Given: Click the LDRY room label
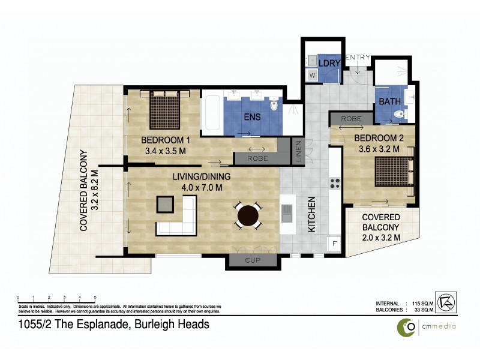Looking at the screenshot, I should pos(330,63).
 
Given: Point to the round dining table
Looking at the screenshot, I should pos(248,215).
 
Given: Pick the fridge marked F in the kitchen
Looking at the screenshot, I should pos(334,244).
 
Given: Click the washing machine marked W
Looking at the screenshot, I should pos(311,76).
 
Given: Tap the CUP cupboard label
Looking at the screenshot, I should pos(252,260).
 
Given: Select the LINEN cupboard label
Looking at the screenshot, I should pos(298,152).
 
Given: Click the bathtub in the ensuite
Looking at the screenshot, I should pos(211,113).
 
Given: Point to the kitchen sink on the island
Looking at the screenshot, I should pos(287,212).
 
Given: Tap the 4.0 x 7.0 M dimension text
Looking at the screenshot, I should pos(198,188).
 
